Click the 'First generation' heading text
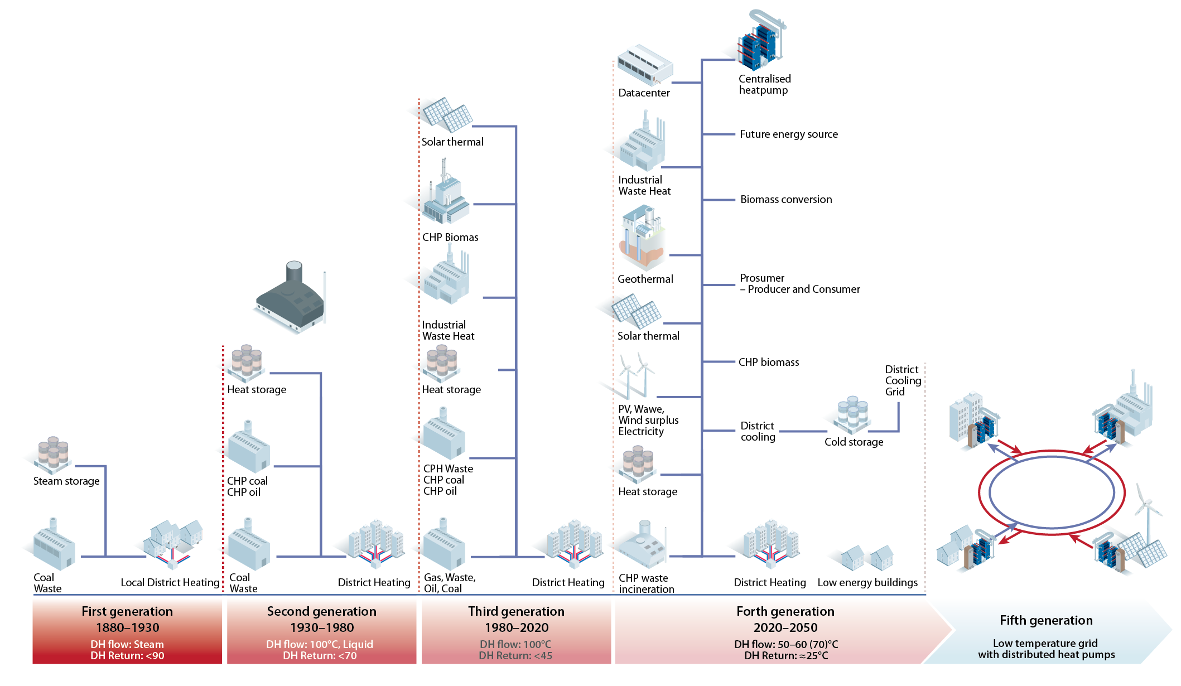click(127, 611)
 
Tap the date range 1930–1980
click(322, 627)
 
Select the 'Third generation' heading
click(516, 611)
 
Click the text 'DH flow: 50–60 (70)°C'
click(785, 644)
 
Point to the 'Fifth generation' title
click(1046, 620)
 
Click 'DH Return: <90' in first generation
click(127, 656)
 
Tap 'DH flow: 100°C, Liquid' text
click(320, 644)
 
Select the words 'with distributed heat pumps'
click(1046, 655)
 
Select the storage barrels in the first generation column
click(52, 453)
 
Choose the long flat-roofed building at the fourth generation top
click(645, 64)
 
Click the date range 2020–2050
click(785, 627)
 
